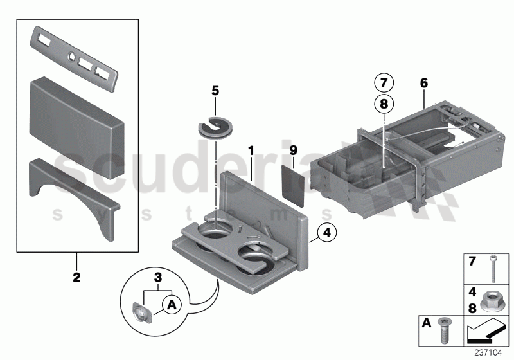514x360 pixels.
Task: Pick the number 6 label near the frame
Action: click(x=423, y=83)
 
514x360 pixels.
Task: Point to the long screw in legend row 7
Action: click(x=493, y=265)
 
